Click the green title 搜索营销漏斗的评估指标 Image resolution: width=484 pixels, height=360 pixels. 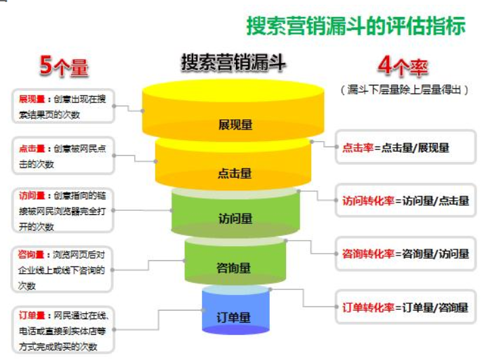(x=356, y=26)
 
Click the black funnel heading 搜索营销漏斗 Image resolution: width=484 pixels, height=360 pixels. (x=233, y=63)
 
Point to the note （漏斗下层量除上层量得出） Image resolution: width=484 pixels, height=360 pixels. (x=405, y=89)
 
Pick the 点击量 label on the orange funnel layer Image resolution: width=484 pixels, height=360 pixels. (x=235, y=174)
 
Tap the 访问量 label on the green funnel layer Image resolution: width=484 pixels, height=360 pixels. (x=235, y=218)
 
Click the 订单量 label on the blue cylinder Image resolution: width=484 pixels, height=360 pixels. (x=235, y=317)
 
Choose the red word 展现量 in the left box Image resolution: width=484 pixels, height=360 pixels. (x=32, y=100)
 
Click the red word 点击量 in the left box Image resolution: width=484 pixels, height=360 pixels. (x=32, y=147)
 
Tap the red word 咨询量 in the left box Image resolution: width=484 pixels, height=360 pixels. (x=32, y=255)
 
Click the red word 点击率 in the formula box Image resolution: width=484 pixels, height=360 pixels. (x=357, y=148)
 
